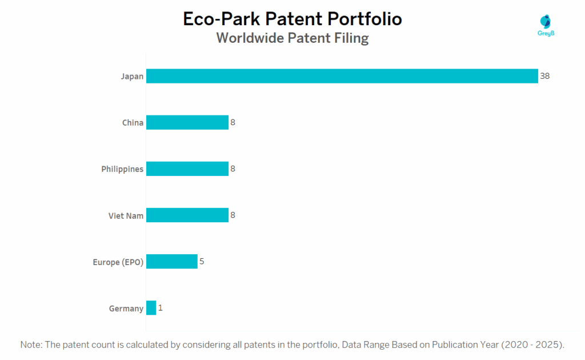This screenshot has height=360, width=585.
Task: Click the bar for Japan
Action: click(342, 76)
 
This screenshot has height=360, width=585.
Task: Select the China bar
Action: click(187, 122)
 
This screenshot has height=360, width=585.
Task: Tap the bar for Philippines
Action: click(187, 169)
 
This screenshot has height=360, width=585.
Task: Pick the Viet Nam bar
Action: click(187, 215)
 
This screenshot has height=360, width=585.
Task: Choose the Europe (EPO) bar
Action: click(171, 262)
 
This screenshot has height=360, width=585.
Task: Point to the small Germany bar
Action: click(151, 308)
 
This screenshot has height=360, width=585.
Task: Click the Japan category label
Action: click(132, 76)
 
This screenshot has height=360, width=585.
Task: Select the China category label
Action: click(133, 122)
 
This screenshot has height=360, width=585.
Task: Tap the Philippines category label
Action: click(122, 169)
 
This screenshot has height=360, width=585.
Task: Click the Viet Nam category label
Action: click(126, 215)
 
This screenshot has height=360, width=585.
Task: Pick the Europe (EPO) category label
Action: click(118, 262)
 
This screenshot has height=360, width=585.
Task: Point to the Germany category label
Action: click(126, 309)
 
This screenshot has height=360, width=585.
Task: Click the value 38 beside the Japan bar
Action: click(544, 76)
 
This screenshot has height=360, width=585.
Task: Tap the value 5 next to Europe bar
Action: click(202, 262)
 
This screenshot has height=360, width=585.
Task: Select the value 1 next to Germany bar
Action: click(161, 308)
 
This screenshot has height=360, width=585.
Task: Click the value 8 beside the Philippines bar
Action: click(233, 169)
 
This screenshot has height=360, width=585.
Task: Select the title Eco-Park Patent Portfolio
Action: click(292, 19)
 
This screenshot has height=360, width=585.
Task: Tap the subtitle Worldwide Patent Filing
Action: click(292, 38)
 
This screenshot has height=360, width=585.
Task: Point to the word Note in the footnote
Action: click(31, 345)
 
